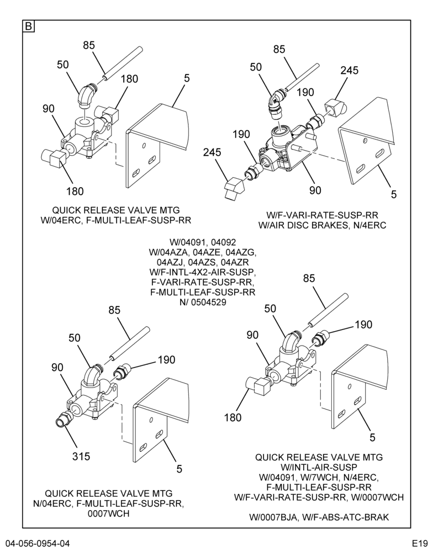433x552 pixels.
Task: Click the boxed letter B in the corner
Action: click(x=29, y=26)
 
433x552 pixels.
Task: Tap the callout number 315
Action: click(x=81, y=457)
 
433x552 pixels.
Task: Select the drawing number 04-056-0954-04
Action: click(x=38, y=543)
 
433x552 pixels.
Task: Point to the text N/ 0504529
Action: click(x=203, y=302)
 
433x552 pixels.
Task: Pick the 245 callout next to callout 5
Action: click(x=350, y=71)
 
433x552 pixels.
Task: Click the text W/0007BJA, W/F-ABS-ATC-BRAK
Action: click(x=319, y=517)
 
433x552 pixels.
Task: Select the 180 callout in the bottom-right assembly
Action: click(x=233, y=417)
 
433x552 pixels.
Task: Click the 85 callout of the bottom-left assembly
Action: click(x=114, y=310)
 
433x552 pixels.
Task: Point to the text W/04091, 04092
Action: click(x=203, y=242)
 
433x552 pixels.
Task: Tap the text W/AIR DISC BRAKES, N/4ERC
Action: click(x=323, y=225)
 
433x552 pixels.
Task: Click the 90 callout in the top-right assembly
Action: click(x=315, y=190)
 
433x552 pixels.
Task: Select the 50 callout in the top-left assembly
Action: click(x=63, y=65)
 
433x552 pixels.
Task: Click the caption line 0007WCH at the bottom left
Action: click(x=108, y=513)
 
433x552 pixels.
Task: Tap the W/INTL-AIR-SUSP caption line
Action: click(x=319, y=467)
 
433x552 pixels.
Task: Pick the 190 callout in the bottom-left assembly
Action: click(x=167, y=360)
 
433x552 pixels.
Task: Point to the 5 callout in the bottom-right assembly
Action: click(x=372, y=437)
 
